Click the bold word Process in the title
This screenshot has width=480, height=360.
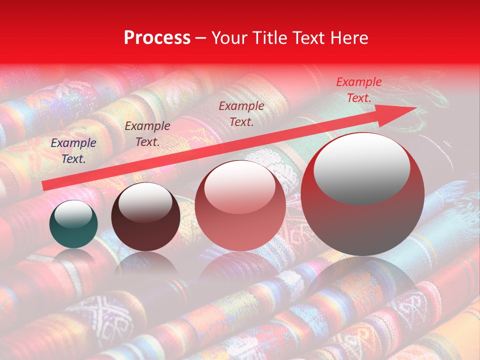pyautogui.click(x=157, y=38)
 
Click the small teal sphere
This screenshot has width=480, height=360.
pyautogui.click(x=73, y=224)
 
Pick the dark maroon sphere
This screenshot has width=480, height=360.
pyautogui.click(x=145, y=217)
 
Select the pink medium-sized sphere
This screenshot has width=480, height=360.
pyautogui.click(x=240, y=205)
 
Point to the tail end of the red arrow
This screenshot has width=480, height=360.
pyautogui.click(x=45, y=185)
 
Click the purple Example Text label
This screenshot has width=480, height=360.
pyautogui.click(x=73, y=151)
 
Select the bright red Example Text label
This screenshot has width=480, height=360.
pyautogui.click(x=358, y=90)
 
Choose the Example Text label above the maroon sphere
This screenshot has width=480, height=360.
pyautogui.click(x=147, y=134)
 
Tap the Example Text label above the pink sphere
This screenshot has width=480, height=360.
pyautogui.click(x=241, y=113)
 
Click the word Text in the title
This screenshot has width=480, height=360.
pyautogui.click(x=307, y=38)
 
